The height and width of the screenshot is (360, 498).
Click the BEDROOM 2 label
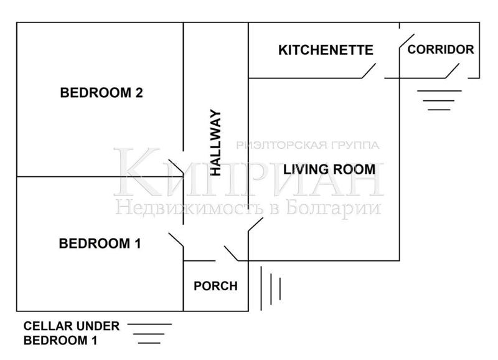coord(101,93)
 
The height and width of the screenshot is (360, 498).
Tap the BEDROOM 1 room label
coord(100,244)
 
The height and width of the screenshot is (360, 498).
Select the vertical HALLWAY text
coord(216,143)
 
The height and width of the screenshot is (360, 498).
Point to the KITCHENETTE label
coord(326,50)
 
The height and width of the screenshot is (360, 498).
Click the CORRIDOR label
coord(441,50)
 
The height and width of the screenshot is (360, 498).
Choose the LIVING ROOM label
coord(329,169)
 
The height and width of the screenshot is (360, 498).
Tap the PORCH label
coord(215,286)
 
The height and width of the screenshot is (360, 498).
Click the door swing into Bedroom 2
coord(176,167)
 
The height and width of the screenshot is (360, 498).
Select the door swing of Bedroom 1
coord(176,240)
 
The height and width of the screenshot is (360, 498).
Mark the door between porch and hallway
coord(231,253)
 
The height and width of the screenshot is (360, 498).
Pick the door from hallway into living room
coord(256,225)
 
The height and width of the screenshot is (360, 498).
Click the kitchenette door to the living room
coord(369,71)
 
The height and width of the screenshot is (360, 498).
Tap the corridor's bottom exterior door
coord(452,71)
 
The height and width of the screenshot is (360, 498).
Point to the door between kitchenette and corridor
coord(407,41)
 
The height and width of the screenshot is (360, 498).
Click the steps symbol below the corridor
coord(439,100)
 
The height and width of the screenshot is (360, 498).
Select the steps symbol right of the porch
coord(271,288)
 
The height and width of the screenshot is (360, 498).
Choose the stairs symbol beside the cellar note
coord(149,334)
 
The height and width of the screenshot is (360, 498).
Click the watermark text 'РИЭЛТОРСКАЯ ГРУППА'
coord(308,145)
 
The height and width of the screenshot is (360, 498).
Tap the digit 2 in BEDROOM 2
coord(139,93)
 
